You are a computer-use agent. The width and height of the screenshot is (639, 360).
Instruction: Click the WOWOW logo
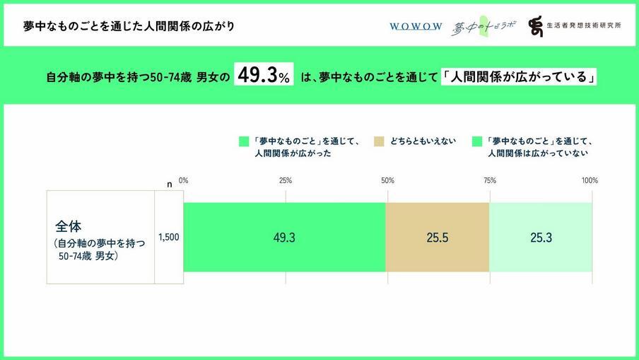(416, 26)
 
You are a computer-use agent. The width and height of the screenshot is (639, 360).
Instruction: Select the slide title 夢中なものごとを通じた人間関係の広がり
(128, 26)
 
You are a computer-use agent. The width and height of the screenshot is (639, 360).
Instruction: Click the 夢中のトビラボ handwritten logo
(483, 26)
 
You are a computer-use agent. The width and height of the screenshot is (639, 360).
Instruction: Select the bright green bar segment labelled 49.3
(284, 238)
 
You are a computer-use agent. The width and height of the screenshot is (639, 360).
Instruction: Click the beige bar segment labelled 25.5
(437, 238)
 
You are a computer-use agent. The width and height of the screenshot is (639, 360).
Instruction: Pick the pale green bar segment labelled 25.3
(541, 238)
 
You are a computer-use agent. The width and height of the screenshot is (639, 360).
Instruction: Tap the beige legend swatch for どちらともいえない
(378, 141)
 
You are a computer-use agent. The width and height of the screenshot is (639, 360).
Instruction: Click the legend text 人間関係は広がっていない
(539, 152)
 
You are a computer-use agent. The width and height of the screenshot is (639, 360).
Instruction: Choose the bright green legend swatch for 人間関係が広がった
(244, 141)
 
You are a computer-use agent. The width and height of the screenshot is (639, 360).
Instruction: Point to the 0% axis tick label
(184, 180)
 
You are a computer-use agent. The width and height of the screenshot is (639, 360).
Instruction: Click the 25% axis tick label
(286, 180)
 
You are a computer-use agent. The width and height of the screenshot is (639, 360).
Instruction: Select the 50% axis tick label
(387, 180)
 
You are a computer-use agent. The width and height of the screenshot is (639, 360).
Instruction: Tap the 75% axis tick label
(489, 180)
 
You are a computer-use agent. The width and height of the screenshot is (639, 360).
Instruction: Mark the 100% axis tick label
(590, 180)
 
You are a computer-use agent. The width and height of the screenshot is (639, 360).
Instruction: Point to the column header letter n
(169, 184)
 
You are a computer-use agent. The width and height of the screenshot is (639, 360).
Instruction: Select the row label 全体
(69, 227)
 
